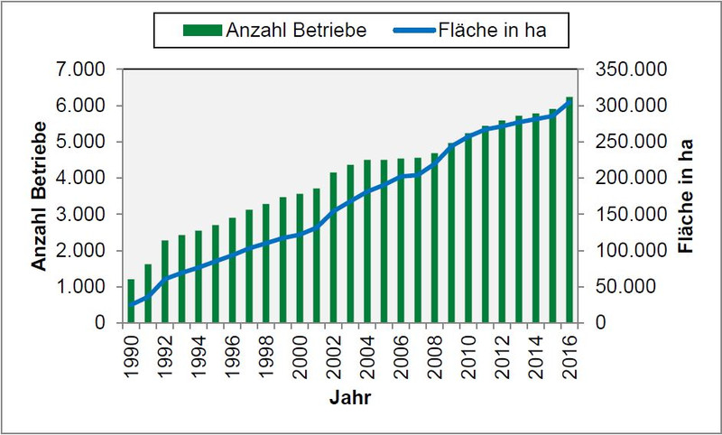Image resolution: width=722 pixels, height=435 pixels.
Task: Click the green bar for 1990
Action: pos(131,301)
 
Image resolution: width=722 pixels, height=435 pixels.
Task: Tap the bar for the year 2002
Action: pos(333,247)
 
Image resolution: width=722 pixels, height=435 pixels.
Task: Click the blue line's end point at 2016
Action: pos(569,100)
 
